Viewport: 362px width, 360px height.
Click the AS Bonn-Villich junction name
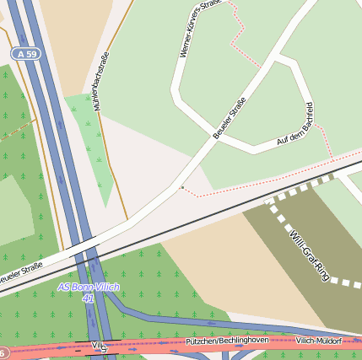tap(89, 287)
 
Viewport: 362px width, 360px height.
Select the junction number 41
tap(88, 298)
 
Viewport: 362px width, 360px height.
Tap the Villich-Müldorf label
tap(318, 340)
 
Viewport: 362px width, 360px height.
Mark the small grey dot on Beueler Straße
tap(182, 187)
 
